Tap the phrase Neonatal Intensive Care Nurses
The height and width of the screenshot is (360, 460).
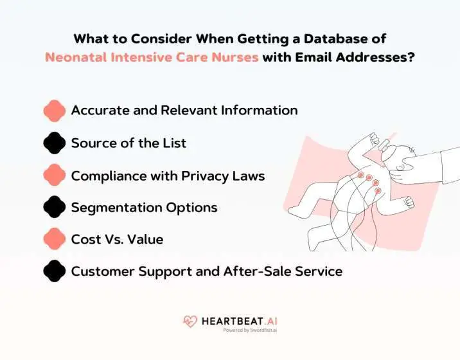(x=152, y=57)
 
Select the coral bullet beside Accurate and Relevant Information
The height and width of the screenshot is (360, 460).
(x=55, y=110)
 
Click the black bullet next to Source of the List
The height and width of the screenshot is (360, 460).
(x=55, y=143)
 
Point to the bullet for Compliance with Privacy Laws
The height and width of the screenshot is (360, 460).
(x=55, y=175)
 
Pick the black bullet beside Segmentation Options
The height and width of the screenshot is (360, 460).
(x=55, y=207)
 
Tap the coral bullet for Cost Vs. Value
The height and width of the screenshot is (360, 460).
(x=55, y=239)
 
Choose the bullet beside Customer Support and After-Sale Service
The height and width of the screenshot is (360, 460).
(x=55, y=271)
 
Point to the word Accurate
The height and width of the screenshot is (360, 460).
(x=100, y=110)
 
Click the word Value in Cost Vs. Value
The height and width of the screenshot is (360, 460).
(x=145, y=239)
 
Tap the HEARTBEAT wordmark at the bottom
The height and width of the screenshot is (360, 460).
(x=234, y=320)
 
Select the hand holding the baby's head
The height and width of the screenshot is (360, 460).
(x=411, y=168)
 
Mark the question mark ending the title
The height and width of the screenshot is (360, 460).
(x=411, y=57)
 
